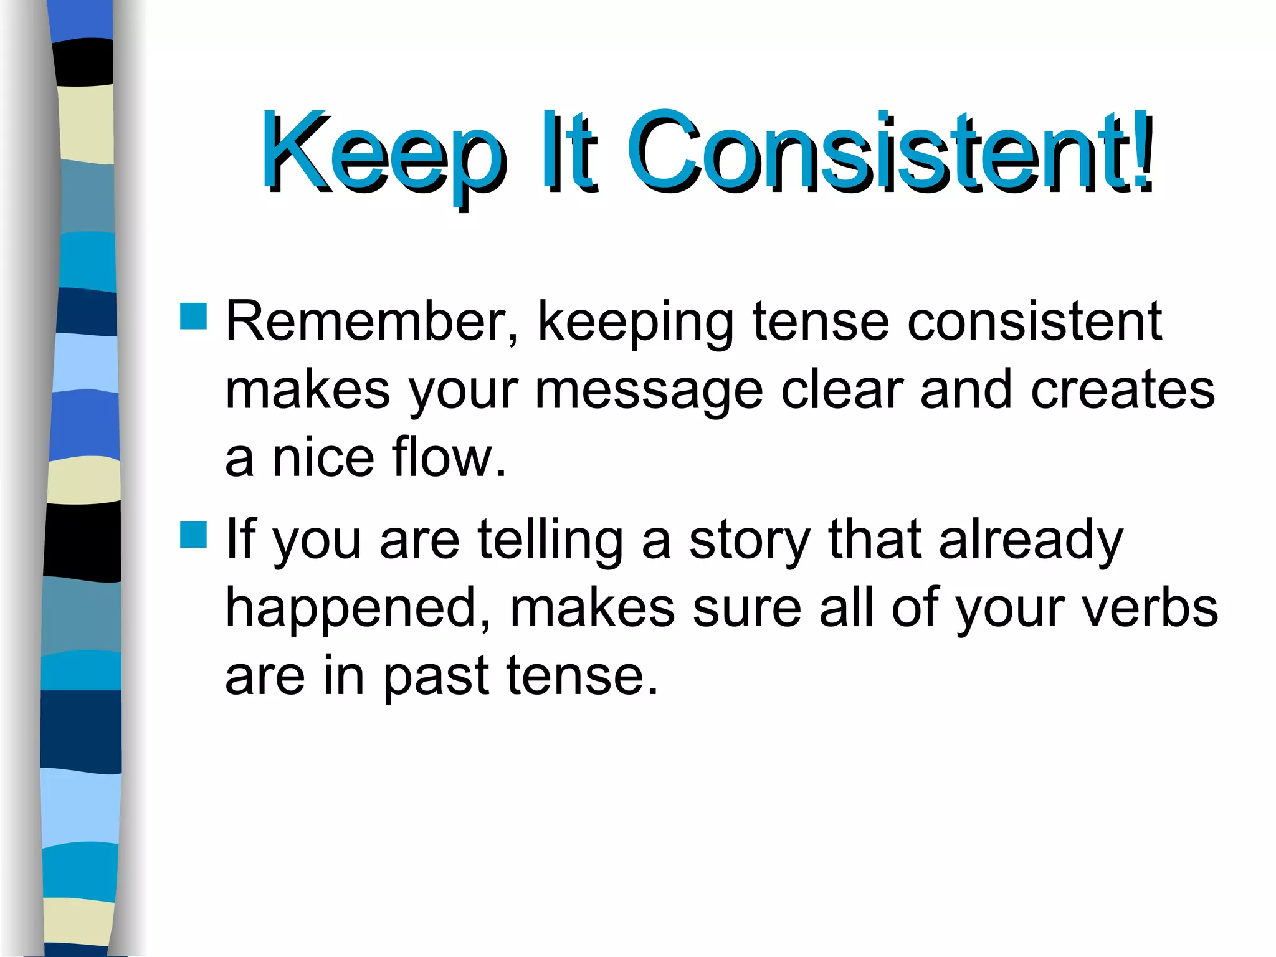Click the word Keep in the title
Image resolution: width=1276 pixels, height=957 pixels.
pyautogui.click(x=383, y=153)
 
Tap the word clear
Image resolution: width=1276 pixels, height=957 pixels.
pyautogui.click(x=842, y=390)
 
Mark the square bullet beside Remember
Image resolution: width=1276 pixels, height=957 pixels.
pyautogui.click(x=193, y=317)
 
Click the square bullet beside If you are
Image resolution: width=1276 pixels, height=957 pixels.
pyautogui.click(x=193, y=535)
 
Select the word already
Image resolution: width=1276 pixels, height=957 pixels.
pyautogui.click(x=1031, y=541)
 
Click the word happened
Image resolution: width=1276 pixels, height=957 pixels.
pyautogui.click(x=358, y=609)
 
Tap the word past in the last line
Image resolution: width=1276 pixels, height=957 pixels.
pyautogui.click(x=435, y=678)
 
